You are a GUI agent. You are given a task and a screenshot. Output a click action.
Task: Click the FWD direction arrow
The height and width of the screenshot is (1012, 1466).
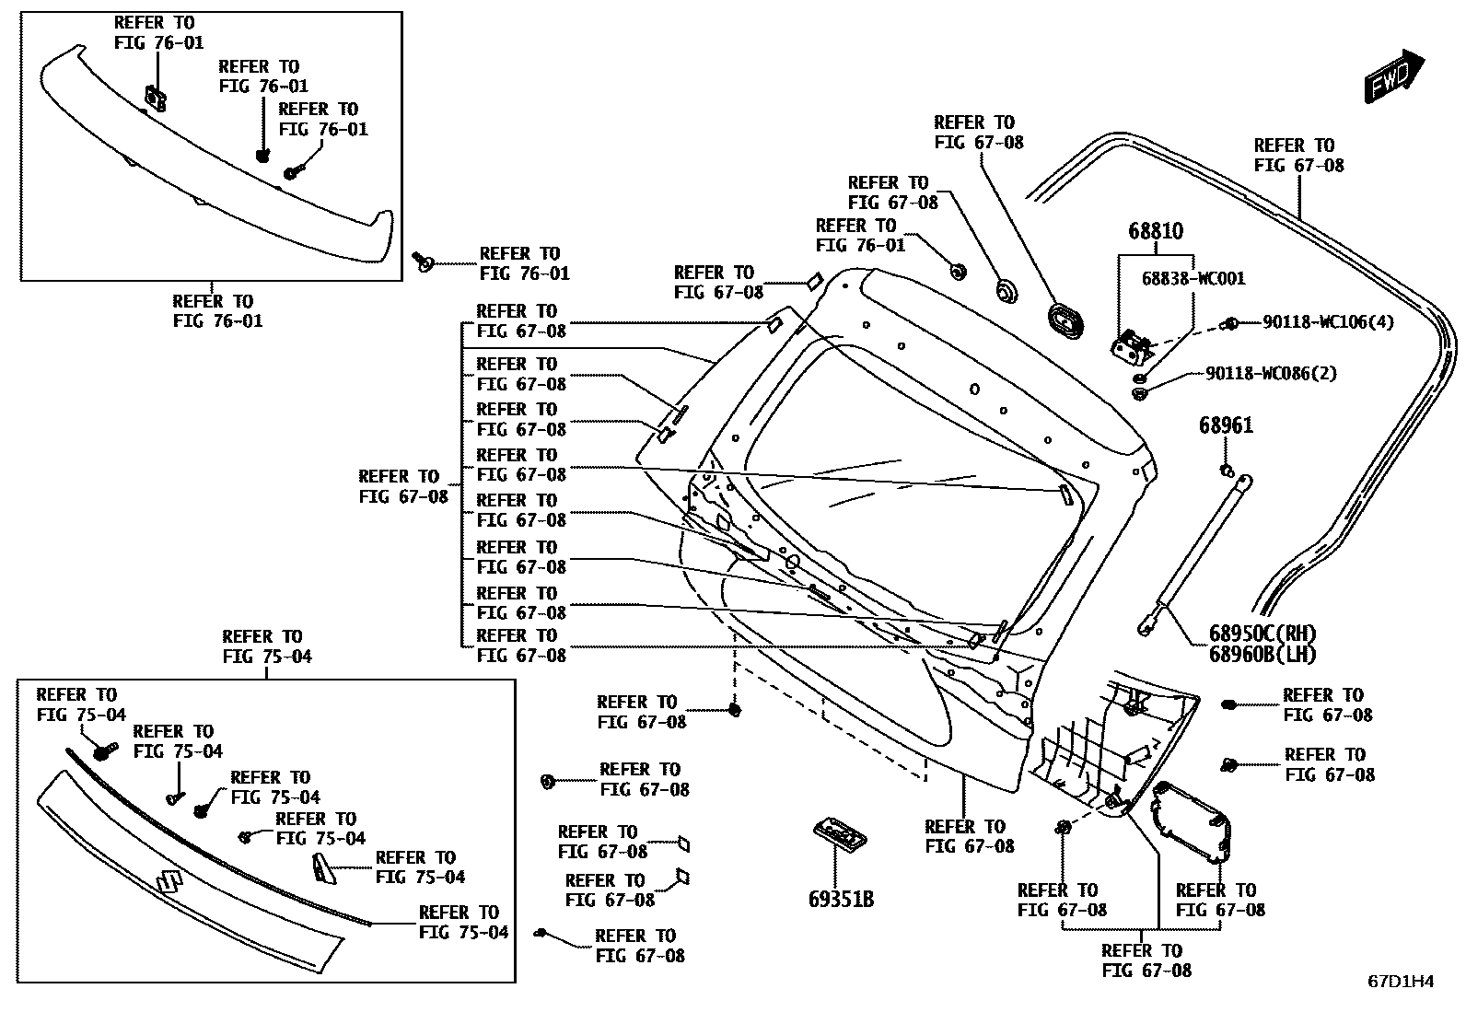(x=1393, y=75)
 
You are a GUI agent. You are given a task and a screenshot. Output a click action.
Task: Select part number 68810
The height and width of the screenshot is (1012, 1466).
(x=1156, y=231)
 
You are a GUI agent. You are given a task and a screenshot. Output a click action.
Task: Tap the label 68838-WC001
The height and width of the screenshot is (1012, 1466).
(x=1193, y=277)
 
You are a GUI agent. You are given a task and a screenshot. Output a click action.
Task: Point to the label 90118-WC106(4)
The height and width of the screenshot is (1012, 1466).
(x=1328, y=322)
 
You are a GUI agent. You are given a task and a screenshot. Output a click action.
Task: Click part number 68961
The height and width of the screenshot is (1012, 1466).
(x=1226, y=426)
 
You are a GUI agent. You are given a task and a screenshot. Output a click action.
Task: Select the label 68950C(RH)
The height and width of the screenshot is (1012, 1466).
(x=1262, y=634)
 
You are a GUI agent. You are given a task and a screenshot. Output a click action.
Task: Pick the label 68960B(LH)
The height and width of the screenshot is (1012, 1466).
(x=1262, y=655)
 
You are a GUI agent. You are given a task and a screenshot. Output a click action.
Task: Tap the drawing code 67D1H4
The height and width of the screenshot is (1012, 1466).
(x=1400, y=982)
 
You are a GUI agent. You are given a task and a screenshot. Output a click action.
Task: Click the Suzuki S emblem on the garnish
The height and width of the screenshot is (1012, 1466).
(x=169, y=882)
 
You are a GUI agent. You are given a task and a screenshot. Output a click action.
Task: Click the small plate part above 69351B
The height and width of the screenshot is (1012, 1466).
(x=839, y=832)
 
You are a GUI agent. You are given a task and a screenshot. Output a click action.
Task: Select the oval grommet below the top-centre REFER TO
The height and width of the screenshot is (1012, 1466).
(x=1065, y=319)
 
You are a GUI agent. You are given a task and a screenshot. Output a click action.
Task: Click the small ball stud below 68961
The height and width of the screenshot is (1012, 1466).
(x=1227, y=471)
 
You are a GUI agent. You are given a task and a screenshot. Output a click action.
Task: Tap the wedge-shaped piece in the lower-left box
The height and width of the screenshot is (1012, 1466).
(x=323, y=867)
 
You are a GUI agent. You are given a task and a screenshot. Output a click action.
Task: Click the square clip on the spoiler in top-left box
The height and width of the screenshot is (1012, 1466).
(x=156, y=96)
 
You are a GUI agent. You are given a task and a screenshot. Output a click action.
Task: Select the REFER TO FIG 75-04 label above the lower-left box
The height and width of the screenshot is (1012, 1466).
(x=267, y=646)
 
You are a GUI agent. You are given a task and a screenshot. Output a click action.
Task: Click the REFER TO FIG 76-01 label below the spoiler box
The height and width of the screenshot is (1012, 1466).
(x=217, y=311)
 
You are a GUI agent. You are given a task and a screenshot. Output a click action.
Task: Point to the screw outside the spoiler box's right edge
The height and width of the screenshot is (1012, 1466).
(x=424, y=262)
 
